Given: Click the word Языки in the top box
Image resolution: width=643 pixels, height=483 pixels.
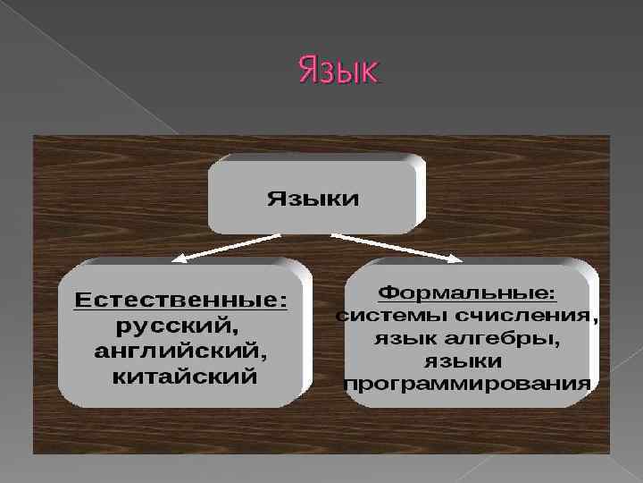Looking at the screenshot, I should pyautogui.click(x=313, y=199).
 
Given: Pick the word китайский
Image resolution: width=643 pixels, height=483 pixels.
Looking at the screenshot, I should pyautogui.click(x=184, y=376).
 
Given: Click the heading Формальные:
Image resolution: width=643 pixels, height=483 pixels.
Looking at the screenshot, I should pyautogui.click(x=467, y=292).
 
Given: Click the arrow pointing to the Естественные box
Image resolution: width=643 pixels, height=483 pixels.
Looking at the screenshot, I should pyautogui.click(x=228, y=247).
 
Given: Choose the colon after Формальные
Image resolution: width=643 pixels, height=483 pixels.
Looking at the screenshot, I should pyautogui.click(x=551, y=294).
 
